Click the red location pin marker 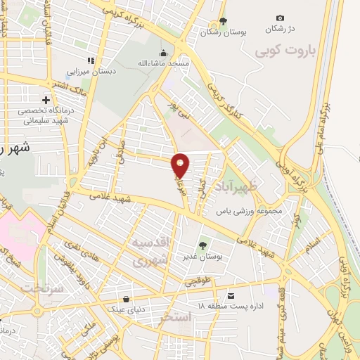[181, 164]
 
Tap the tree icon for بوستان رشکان [224, 21]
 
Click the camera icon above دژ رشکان [281, 18]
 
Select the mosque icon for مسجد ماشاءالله [164, 52]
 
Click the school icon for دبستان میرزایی [90, 60]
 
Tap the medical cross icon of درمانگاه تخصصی [46, 100]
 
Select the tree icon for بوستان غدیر [202, 245]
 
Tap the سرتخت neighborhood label [43, 289]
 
